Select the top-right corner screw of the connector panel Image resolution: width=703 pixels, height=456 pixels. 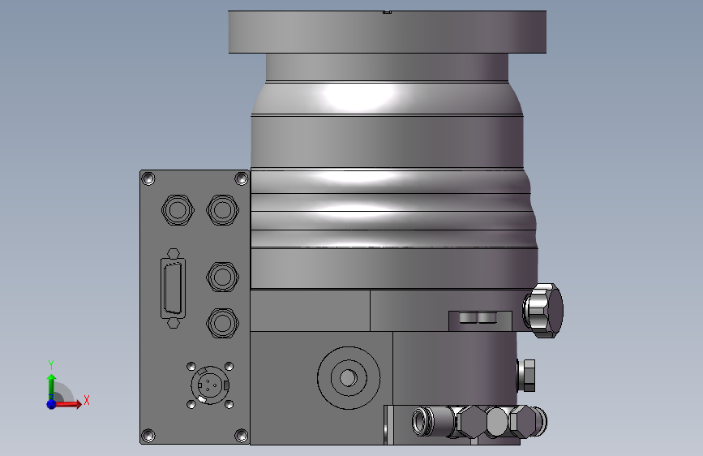(x=241, y=179)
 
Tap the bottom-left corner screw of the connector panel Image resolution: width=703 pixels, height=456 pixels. (x=148, y=436)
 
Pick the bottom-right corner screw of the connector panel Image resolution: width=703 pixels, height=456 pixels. (x=241, y=436)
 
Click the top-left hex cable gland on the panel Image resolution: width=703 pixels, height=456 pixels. (x=178, y=209)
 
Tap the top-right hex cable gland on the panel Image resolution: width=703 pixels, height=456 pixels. (x=222, y=209)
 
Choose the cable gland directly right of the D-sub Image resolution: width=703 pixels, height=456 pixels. (x=222, y=277)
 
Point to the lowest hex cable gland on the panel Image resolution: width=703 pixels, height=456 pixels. (x=222, y=323)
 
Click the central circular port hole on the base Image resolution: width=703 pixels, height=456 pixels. (x=348, y=377)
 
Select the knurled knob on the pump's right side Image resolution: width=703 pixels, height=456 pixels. (x=544, y=310)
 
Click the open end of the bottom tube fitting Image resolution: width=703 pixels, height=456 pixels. (x=420, y=421)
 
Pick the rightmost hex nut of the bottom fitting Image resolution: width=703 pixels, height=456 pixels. (x=525, y=422)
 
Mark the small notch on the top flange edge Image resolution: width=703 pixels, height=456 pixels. (x=387, y=12)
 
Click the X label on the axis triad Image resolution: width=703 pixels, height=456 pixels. (x=86, y=399)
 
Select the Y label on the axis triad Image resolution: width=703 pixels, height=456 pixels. (x=50, y=364)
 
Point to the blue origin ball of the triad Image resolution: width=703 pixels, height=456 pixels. (x=51, y=403)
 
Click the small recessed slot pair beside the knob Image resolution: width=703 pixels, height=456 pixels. (x=476, y=316)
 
